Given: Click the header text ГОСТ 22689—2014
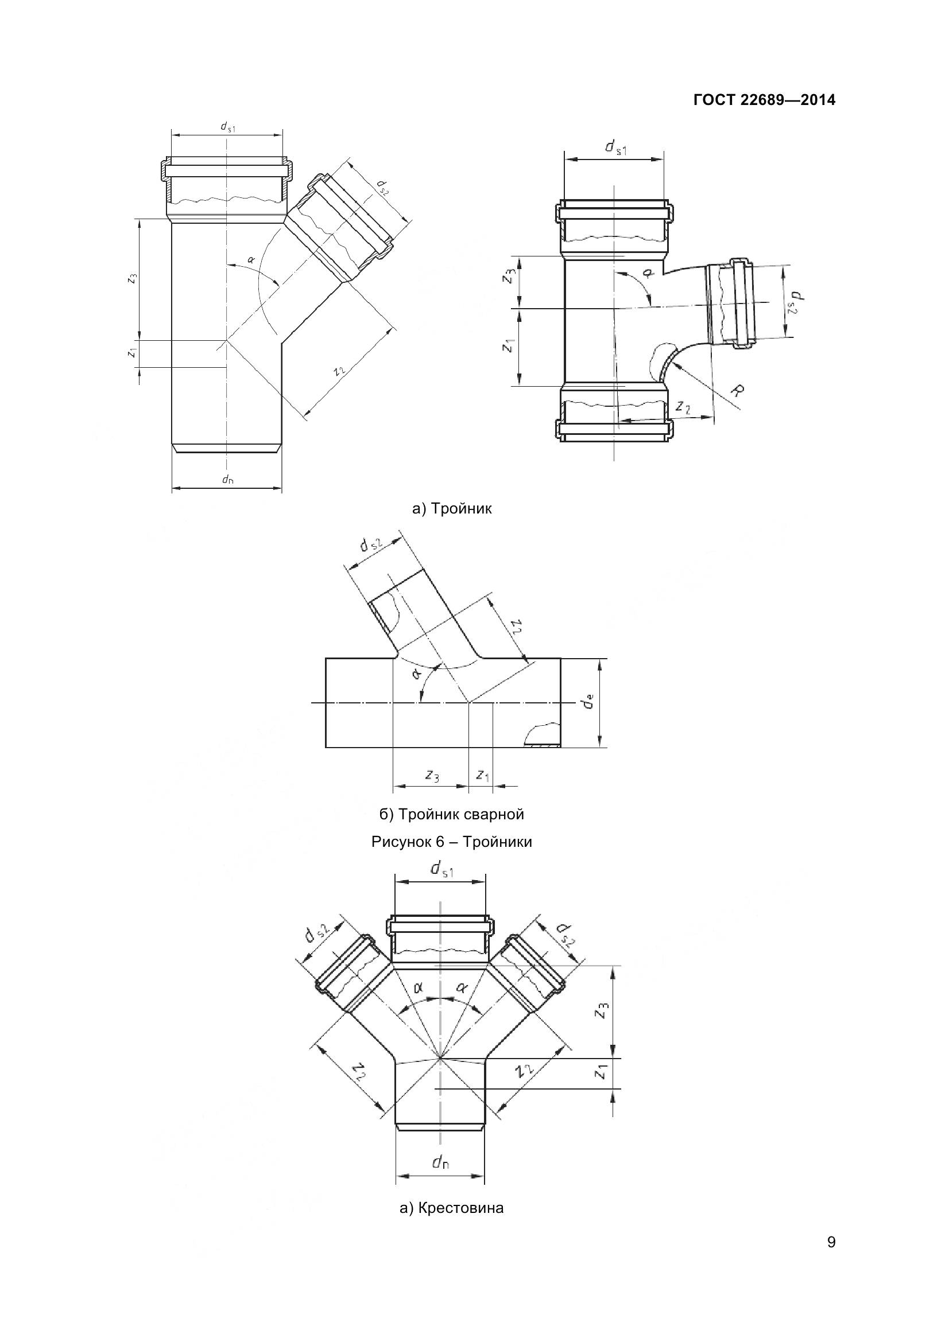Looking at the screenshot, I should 764,100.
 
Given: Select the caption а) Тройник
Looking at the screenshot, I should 452,508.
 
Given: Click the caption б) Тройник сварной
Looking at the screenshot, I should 451,814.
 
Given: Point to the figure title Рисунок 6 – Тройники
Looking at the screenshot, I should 451,842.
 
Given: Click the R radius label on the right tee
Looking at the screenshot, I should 738,391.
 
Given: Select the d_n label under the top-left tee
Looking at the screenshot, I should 227,480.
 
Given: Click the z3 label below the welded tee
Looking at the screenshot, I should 432,776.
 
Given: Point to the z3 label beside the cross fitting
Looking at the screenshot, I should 602,1010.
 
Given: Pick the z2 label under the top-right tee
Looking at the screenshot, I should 683,407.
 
